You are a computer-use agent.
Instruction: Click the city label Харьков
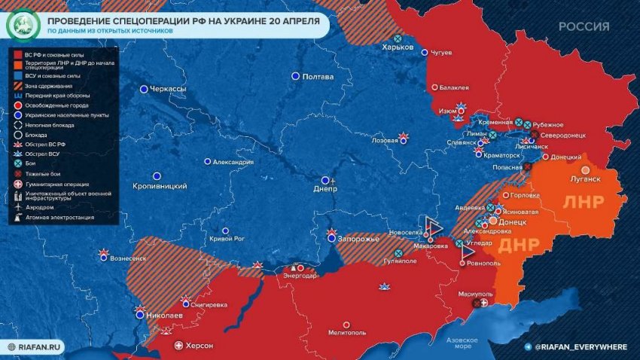(x=398, y=47)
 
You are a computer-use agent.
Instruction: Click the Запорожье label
(x=358, y=238)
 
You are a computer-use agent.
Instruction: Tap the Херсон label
(x=200, y=346)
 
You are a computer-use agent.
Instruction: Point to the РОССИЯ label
(x=584, y=26)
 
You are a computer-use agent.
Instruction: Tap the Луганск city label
(x=585, y=179)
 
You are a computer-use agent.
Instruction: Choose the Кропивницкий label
(x=160, y=186)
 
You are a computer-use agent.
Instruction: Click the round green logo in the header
(x=20, y=25)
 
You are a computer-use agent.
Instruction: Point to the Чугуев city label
(x=441, y=53)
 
